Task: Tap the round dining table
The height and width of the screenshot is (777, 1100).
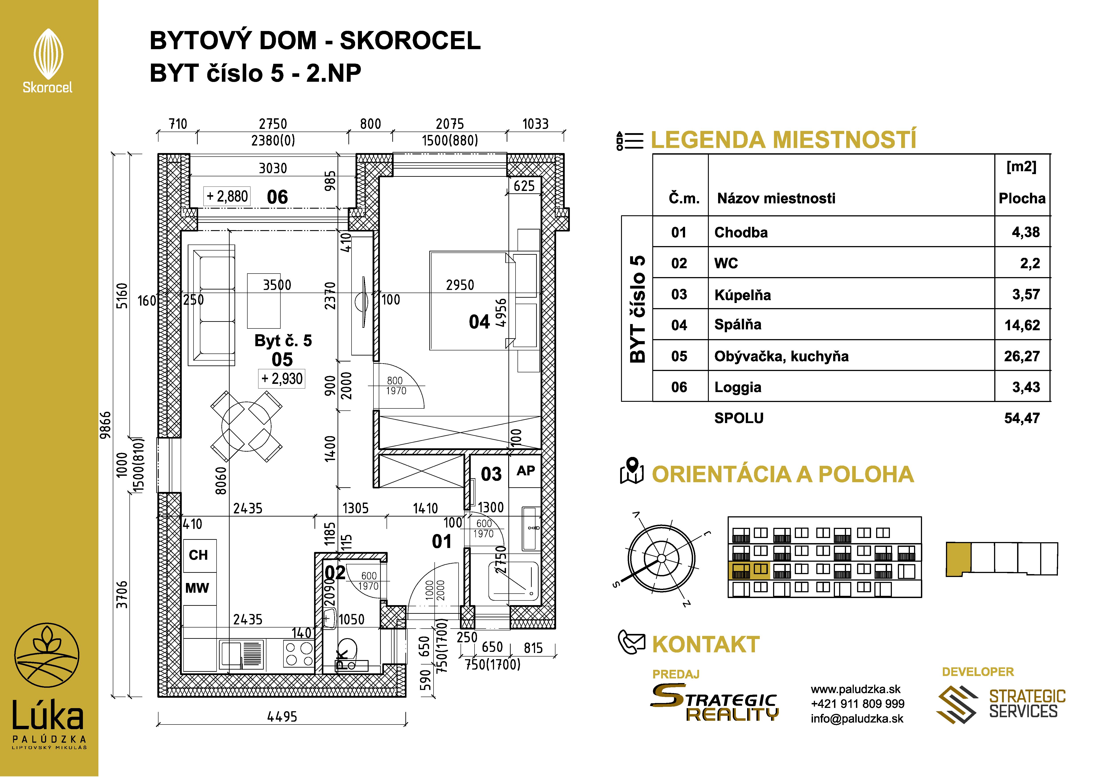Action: [x=246, y=426]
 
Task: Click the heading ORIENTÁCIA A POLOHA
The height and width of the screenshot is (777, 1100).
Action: [x=782, y=474]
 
